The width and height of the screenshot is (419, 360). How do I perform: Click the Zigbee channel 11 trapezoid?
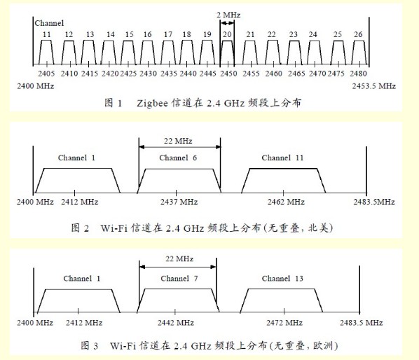tap(46, 53)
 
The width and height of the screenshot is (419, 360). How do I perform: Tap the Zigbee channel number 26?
tap(358, 34)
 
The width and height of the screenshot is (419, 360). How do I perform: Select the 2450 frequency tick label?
tap(228, 74)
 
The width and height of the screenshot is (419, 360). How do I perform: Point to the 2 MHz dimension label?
tap(228, 15)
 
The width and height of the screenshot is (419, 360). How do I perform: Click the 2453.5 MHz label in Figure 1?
tap(374, 86)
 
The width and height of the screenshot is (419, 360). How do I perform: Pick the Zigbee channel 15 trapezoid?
tap(128, 53)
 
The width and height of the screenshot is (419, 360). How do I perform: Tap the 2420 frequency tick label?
tap(110, 74)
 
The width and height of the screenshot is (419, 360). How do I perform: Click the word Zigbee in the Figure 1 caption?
tap(152, 104)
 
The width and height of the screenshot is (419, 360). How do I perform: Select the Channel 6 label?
tap(178, 158)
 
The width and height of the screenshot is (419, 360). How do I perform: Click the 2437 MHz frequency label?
tap(179, 202)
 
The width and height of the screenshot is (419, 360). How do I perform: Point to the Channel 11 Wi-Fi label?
tap(282, 158)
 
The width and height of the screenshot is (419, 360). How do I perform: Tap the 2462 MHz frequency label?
tap(286, 202)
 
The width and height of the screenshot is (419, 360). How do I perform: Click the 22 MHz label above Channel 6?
tap(178, 141)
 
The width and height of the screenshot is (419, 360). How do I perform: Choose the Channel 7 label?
tap(179, 279)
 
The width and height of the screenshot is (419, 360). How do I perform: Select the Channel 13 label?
tap(282, 279)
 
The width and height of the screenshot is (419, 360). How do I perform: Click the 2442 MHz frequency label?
tap(176, 323)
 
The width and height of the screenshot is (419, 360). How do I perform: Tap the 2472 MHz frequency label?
tap(284, 323)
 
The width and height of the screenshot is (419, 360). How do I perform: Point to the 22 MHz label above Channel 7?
tap(179, 258)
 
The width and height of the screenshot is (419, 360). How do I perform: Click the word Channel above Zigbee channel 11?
tap(49, 23)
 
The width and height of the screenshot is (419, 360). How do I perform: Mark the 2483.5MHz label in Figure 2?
tap(374, 202)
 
